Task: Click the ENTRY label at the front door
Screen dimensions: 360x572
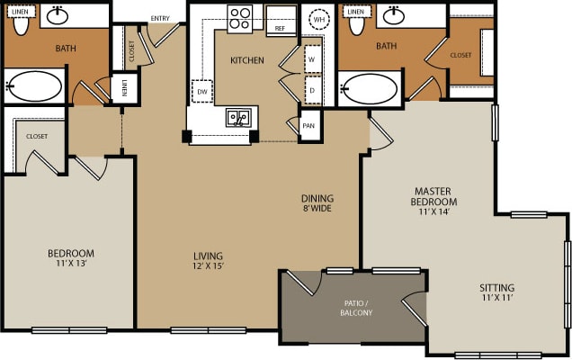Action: [x=161, y=18]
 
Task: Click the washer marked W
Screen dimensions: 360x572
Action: [x=312, y=59]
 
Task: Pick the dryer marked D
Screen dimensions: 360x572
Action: [x=312, y=90]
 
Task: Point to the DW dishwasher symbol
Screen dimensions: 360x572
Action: [x=201, y=91]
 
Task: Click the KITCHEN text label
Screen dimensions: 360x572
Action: [x=247, y=60]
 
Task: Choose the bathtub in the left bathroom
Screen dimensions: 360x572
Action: [x=34, y=88]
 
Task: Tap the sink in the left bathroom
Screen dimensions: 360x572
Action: [x=58, y=14]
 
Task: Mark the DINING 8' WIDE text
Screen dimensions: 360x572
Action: [x=317, y=204]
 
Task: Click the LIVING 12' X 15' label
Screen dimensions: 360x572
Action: [x=208, y=261]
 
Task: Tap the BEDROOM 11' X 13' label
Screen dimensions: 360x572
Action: [x=71, y=259]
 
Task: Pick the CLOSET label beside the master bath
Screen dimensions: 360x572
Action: [x=460, y=55]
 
